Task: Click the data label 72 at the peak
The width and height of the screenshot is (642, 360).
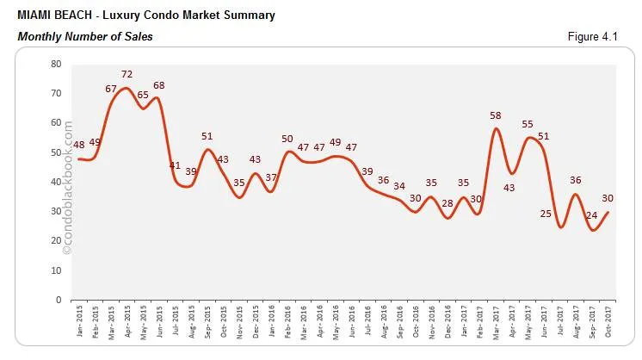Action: coord(127,75)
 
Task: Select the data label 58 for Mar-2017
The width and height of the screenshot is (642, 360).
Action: coord(496,115)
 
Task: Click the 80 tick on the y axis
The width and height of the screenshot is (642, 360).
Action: coord(56,64)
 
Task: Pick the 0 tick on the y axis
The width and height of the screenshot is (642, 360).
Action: coord(59,300)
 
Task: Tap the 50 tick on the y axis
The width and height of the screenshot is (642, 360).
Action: coord(56,152)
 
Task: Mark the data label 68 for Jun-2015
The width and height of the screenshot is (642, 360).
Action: coord(158,85)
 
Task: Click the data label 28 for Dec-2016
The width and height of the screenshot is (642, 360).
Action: coord(448,203)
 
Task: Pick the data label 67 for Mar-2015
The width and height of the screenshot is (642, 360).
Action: coord(111,89)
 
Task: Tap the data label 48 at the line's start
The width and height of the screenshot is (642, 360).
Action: coord(79,145)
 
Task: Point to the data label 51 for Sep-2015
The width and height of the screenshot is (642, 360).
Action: coord(207,136)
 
